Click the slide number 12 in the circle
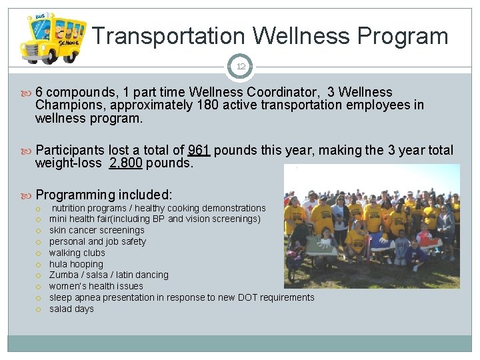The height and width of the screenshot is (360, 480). (240, 67)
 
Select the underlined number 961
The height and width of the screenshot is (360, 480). (199, 151)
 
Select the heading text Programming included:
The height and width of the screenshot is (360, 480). (104, 195)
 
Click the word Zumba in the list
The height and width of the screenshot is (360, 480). (63, 275)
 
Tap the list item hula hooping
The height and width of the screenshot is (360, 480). (76, 264)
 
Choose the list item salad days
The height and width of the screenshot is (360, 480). (71, 309)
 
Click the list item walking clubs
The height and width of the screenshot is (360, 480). (77, 253)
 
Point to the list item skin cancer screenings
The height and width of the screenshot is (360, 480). (97, 230)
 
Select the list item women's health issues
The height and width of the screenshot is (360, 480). (96, 286)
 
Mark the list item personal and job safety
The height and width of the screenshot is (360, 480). (97, 241)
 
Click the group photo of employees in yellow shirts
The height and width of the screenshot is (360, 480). (371, 227)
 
